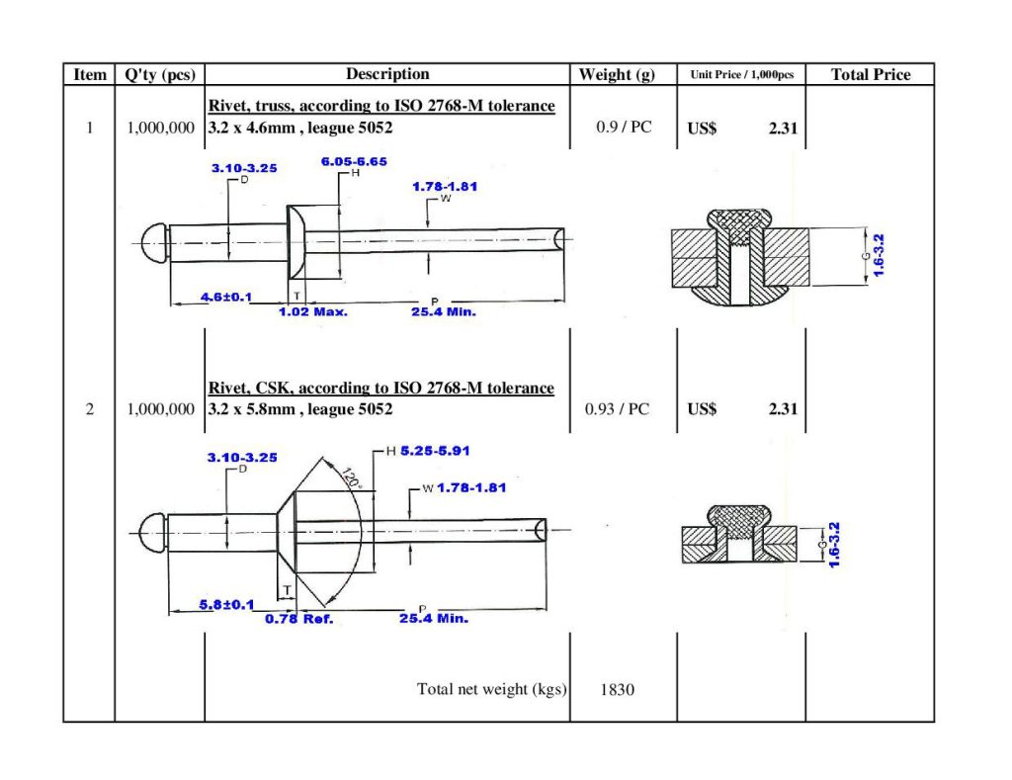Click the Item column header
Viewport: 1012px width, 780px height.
pyautogui.click(x=89, y=75)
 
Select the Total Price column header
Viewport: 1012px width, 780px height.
pyautogui.click(x=870, y=75)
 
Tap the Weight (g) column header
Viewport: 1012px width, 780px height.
pyautogui.click(x=617, y=75)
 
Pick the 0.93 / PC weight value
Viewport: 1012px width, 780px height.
pyautogui.click(x=618, y=409)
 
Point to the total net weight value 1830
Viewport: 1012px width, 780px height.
pyautogui.click(x=617, y=689)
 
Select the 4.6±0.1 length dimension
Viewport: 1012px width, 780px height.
pyautogui.click(x=226, y=297)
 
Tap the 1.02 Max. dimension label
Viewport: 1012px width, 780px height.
pyautogui.click(x=312, y=311)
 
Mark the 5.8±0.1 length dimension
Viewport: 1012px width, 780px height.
pyautogui.click(x=226, y=604)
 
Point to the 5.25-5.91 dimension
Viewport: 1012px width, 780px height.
pyautogui.click(x=434, y=451)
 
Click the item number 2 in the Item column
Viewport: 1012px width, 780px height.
pyautogui.click(x=89, y=409)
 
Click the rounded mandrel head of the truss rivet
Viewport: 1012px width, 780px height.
pyautogui.click(x=153, y=240)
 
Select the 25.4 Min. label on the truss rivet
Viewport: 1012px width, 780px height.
pyautogui.click(x=443, y=311)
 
